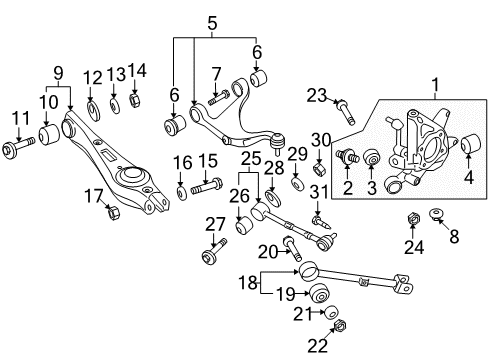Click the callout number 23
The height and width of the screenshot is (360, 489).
(x=317, y=96)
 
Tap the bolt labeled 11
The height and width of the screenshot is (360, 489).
(x=18, y=147)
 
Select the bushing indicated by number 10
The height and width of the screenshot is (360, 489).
(x=49, y=134)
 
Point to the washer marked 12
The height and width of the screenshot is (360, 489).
(x=94, y=110)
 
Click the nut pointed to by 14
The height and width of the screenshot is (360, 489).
(x=134, y=100)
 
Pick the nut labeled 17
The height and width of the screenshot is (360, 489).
(x=113, y=213)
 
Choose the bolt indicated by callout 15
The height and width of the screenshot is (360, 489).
(x=207, y=187)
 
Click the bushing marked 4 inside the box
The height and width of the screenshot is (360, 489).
(x=471, y=143)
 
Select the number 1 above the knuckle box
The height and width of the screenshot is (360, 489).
(x=435, y=85)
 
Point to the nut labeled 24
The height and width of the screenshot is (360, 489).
(x=413, y=219)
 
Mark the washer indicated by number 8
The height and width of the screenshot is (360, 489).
(x=436, y=213)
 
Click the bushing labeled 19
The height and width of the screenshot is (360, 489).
(x=320, y=293)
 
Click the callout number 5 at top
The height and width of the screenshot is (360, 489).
(x=212, y=23)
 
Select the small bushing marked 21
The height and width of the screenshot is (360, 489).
(x=331, y=312)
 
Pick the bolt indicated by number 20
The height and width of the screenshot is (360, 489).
(x=292, y=248)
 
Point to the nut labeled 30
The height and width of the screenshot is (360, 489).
(x=320, y=168)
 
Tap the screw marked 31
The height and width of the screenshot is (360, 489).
(x=322, y=222)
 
